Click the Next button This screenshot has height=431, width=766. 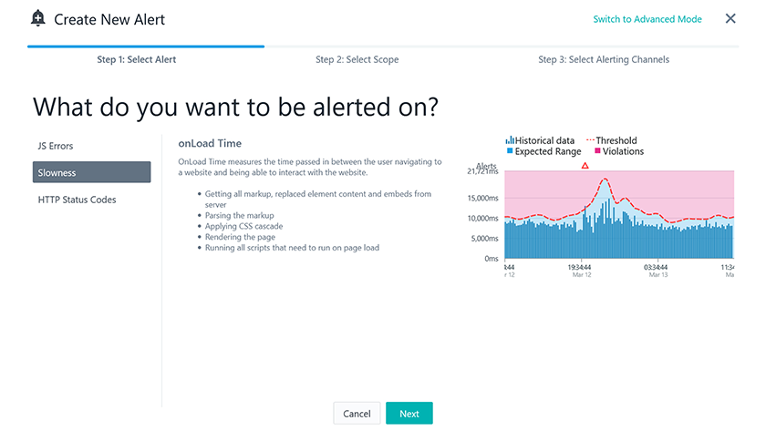pos(409,413)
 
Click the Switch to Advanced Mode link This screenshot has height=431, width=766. pos(647,19)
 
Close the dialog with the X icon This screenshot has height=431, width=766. pos(730,18)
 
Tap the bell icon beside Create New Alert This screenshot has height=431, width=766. pos(37,18)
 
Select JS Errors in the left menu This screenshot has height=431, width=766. pos(56,146)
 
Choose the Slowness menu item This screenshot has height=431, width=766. pos(91,172)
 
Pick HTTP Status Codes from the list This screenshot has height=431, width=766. pos(78,200)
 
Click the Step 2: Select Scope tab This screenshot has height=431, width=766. pos(357,59)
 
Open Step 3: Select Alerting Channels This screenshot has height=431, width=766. pos(604,59)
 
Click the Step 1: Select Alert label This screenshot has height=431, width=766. pos(136,59)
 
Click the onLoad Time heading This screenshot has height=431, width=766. pos(210,143)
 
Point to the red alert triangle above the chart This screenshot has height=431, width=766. pos(585,166)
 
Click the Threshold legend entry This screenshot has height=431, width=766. pos(612,140)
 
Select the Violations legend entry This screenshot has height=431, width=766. pos(619,151)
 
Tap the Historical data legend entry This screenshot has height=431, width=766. pos(540,140)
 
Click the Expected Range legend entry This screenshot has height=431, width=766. pos(543,151)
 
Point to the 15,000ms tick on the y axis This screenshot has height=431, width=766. pos(482,198)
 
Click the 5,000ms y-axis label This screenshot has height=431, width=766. pos(484,239)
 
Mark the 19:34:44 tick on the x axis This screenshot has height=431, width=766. pos(579,268)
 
